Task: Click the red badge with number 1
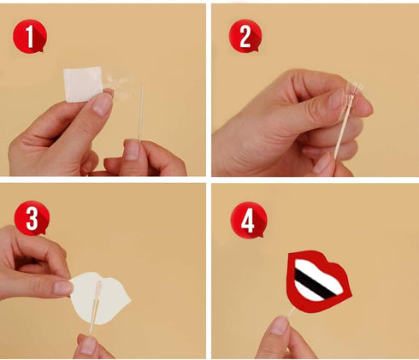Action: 29,38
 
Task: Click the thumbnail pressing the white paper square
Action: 102,103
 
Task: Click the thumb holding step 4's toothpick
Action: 280,327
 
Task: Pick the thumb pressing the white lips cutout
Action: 62,287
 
